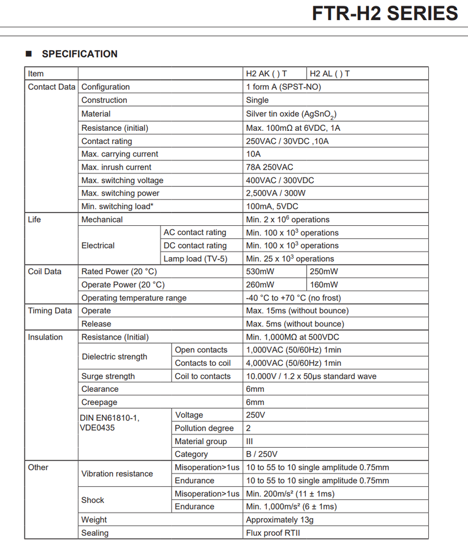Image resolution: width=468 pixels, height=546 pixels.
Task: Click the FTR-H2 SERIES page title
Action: click(x=385, y=14)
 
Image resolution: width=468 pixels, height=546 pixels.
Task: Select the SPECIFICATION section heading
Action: click(x=80, y=54)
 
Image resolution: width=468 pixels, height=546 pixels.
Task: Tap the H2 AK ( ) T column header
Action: click(x=266, y=74)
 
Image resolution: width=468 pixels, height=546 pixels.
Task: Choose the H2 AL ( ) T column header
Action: click(x=329, y=74)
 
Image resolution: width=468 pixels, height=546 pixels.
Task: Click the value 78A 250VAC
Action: click(x=270, y=167)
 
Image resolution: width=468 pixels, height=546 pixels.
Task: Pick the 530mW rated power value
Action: click(x=260, y=271)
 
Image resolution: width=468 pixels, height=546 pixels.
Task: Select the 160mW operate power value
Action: click(x=324, y=284)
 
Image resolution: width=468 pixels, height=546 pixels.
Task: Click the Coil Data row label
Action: click(x=44, y=271)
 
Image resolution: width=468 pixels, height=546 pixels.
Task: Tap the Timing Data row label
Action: click(x=49, y=311)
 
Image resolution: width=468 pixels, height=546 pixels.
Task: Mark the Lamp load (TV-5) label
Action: click(x=195, y=259)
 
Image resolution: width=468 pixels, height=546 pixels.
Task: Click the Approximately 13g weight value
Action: click(x=279, y=519)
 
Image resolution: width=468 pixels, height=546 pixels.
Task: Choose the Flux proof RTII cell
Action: click(x=272, y=533)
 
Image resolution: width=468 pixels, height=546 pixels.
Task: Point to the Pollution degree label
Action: click(x=204, y=428)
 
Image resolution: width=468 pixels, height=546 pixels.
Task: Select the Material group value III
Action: click(x=250, y=441)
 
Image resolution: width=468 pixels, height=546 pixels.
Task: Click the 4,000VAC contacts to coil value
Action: click(x=293, y=363)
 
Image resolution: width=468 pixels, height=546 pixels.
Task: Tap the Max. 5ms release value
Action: click(x=295, y=324)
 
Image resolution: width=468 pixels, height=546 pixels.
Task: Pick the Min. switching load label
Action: click(x=117, y=206)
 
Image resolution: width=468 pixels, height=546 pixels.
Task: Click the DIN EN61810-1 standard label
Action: click(x=110, y=418)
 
